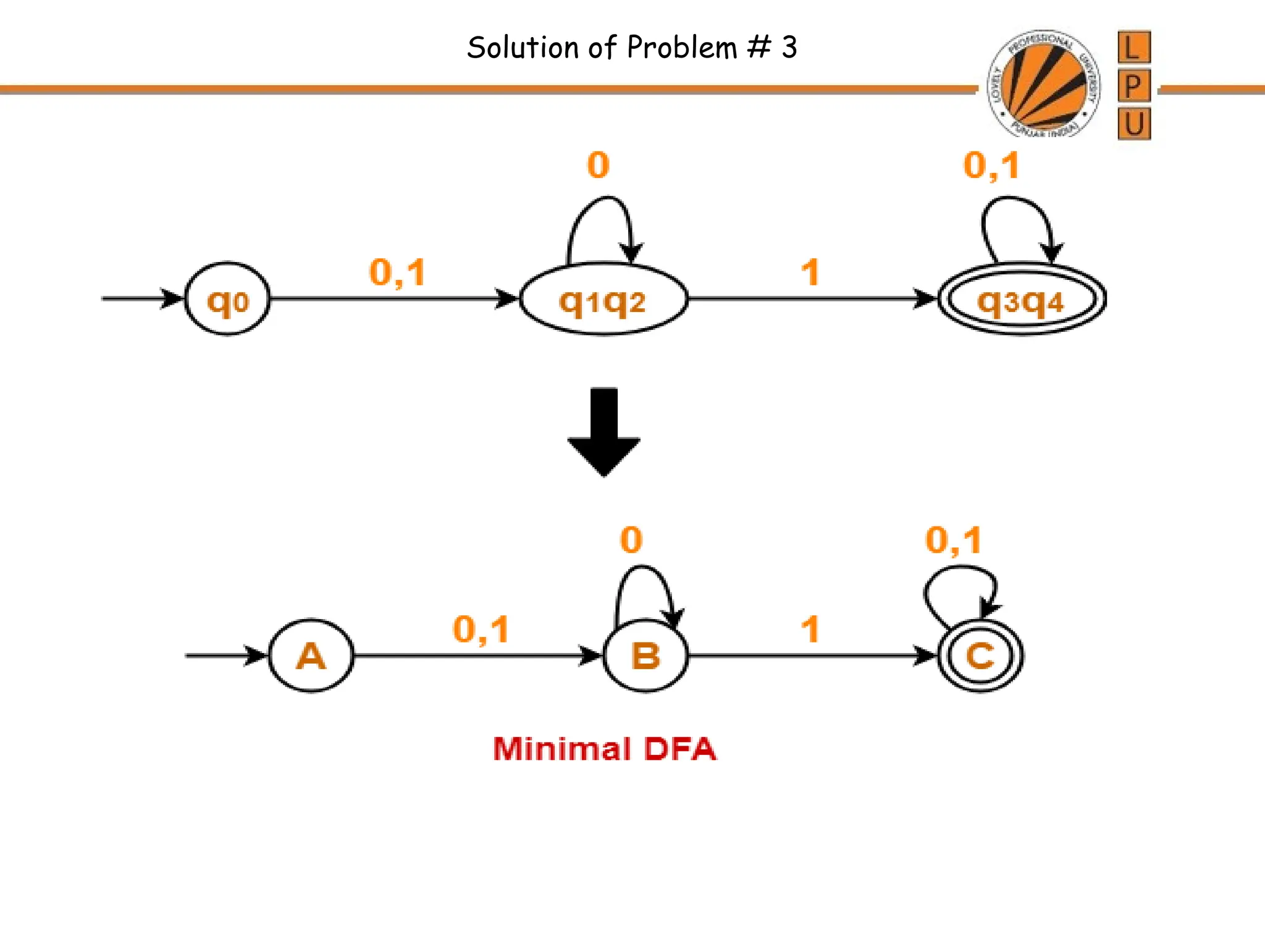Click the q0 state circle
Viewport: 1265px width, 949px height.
227,299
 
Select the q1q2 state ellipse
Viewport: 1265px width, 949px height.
603,300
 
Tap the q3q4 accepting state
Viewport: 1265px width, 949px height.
1021,300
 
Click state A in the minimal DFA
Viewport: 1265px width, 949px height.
311,656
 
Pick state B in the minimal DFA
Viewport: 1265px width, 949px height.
645,656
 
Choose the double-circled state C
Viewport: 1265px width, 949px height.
980,656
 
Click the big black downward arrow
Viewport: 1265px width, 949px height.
603,432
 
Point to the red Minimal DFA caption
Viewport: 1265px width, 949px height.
604,749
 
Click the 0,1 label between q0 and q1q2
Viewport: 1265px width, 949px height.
397,272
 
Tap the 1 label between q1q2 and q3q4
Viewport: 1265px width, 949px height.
810,272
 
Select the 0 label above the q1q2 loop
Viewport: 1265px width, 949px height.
598,165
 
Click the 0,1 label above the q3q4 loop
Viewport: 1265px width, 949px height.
991,166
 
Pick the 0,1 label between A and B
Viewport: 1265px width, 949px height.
481,629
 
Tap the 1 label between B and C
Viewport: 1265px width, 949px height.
810,629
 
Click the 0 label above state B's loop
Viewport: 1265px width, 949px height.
631,540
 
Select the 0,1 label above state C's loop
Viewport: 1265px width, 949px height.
953,540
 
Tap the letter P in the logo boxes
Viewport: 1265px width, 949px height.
1133,85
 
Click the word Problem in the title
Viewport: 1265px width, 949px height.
681,48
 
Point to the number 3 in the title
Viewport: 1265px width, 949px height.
789,48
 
